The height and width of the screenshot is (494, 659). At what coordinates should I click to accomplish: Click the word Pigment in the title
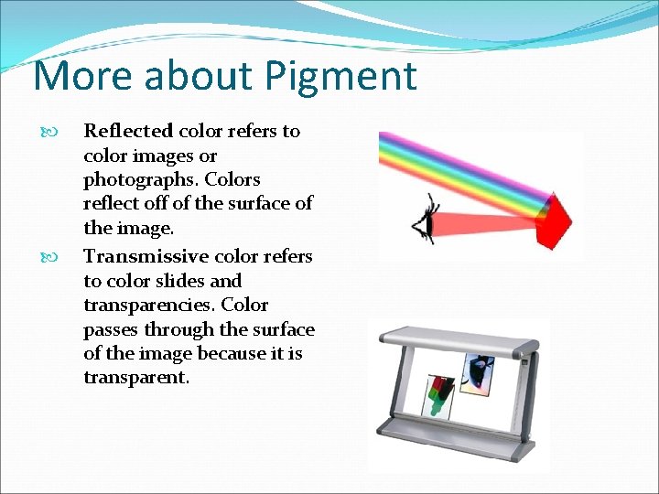[340, 77]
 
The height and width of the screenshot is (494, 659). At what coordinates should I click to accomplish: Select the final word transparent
[136, 378]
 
